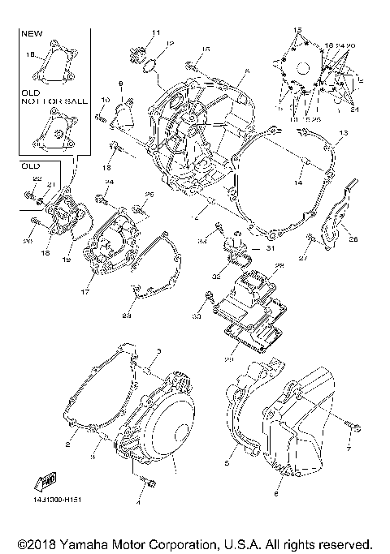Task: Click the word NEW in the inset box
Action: point(30,35)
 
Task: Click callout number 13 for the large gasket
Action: point(344,132)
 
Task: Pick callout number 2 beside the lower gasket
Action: point(69,444)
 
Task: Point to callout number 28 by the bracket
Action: point(353,238)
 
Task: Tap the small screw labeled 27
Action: point(311,238)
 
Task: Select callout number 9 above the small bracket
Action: point(120,84)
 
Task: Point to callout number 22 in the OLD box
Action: point(37,178)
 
